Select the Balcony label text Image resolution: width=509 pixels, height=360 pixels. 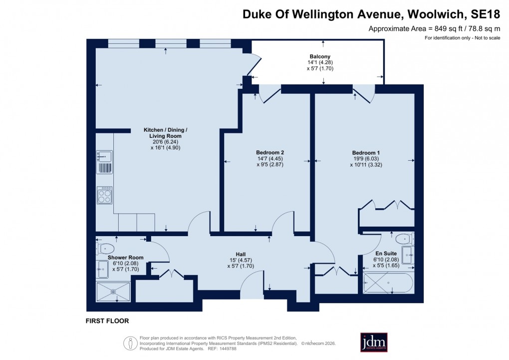319,56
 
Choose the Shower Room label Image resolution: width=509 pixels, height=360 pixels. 125,258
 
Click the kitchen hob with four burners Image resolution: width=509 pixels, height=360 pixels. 105,195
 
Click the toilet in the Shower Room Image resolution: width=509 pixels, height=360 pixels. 106,248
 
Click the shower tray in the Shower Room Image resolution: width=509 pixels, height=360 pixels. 113,292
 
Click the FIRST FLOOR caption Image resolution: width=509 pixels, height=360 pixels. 107,321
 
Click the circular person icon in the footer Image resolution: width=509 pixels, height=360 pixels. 130,343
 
